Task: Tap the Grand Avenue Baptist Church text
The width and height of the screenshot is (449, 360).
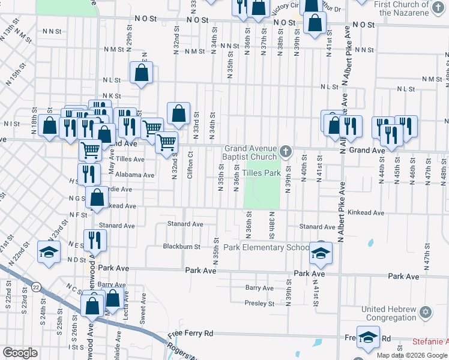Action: (x=251, y=152)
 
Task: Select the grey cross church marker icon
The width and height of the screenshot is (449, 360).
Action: (x=286, y=151)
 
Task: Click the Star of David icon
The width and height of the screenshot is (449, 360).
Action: (x=426, y=313)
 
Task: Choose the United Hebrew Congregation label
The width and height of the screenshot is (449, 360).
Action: (x=388, y=314)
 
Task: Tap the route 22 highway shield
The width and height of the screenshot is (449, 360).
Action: (x=37, y=288)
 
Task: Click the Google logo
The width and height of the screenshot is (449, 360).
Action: (x=20, y=352)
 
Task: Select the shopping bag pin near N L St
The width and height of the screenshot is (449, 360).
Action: (x=141, y=73)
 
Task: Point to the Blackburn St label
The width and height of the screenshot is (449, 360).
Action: (x=182, y=247)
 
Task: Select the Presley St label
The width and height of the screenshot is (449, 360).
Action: (x=259, y=303)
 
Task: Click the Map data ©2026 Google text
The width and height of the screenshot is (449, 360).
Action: (x=411, y=355)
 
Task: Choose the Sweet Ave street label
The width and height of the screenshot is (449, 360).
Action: (x=143, y=313)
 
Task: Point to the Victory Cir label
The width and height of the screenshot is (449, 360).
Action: (x=285, y=8)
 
